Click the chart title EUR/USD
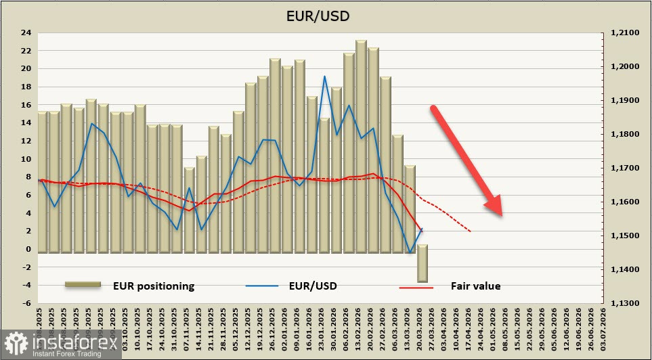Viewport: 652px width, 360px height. click(326, 16)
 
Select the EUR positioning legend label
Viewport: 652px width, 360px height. click(154, 286)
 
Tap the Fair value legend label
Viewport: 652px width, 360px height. click(475, 286)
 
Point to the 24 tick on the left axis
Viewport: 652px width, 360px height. click(26, 32)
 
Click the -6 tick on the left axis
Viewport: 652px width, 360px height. click(26, 304)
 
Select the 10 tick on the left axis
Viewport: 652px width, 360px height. click(26, 159)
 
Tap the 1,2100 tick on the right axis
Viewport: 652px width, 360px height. click(625, 32)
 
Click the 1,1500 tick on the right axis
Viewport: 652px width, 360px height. click(625, 235)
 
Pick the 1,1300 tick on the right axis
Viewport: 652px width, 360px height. click(625, 304)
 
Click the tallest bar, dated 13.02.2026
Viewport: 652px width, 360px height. click(361, 145)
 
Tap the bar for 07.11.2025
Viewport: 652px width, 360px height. click(189, 210)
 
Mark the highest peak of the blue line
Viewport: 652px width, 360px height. click(325, 76)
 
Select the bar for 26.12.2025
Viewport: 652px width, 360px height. click(275, 156)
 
